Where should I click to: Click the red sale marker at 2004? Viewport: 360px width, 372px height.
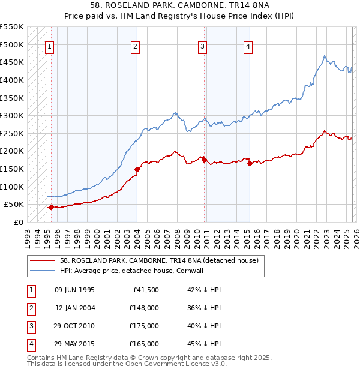[137, 169]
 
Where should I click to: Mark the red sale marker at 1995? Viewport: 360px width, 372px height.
[51, 207]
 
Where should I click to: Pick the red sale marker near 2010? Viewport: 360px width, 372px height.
[204, 160]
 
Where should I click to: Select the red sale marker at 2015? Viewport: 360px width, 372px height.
[250, 163]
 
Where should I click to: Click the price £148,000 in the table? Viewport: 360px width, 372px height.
[143, 308]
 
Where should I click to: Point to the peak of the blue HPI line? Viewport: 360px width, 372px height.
[325, 56]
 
